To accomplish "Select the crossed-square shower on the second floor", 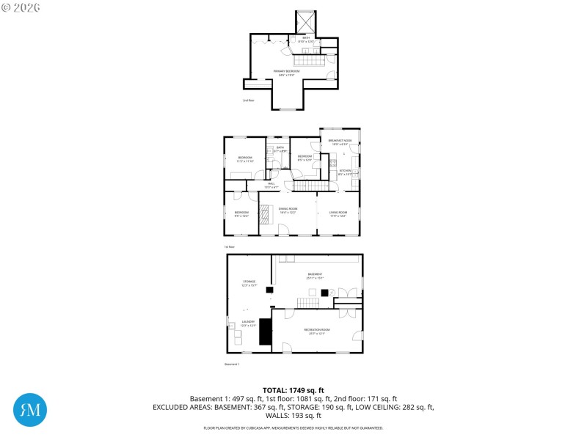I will (x=306, y=21).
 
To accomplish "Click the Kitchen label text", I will (x=345, y=172).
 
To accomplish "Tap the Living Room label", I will (x=338, y=213).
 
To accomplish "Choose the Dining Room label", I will (x=288, y=210).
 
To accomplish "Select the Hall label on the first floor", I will (x=270, y=186).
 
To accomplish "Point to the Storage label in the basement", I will (x=249, y=282).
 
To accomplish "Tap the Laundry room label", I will (x=249, y=323).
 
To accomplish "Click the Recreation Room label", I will (x=317, y=331).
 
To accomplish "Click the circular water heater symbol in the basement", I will (x=332, y=293).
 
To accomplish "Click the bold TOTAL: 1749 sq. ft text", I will (x=293, y=390).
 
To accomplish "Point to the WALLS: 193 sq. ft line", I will (x=293, y=416).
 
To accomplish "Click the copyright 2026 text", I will (x=21, y=7).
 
